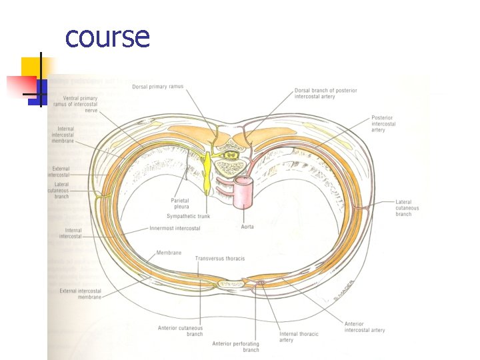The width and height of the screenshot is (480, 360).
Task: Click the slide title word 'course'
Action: point(107,37)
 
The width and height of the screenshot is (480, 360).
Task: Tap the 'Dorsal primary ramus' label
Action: point(157,87)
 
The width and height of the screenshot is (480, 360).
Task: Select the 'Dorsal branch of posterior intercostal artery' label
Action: point(325,93)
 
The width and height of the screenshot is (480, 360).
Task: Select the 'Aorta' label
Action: point(247,227)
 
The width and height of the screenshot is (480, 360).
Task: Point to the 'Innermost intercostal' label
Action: point(175,229)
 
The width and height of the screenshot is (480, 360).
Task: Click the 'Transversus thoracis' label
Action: point(220,258)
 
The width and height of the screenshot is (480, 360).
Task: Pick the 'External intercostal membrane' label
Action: point(80,294)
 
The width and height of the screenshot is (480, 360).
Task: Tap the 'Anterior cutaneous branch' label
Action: point(180,331)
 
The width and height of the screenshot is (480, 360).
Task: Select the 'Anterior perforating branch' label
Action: point(235,347)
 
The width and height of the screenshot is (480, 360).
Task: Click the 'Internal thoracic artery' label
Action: point(299,337)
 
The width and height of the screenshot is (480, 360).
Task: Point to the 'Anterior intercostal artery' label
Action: point(364,327)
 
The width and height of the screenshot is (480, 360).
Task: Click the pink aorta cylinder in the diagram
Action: point(245,191)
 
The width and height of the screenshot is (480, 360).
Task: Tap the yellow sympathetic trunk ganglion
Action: point(207,171)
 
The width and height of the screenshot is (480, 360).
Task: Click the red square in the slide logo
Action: point(21,85)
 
